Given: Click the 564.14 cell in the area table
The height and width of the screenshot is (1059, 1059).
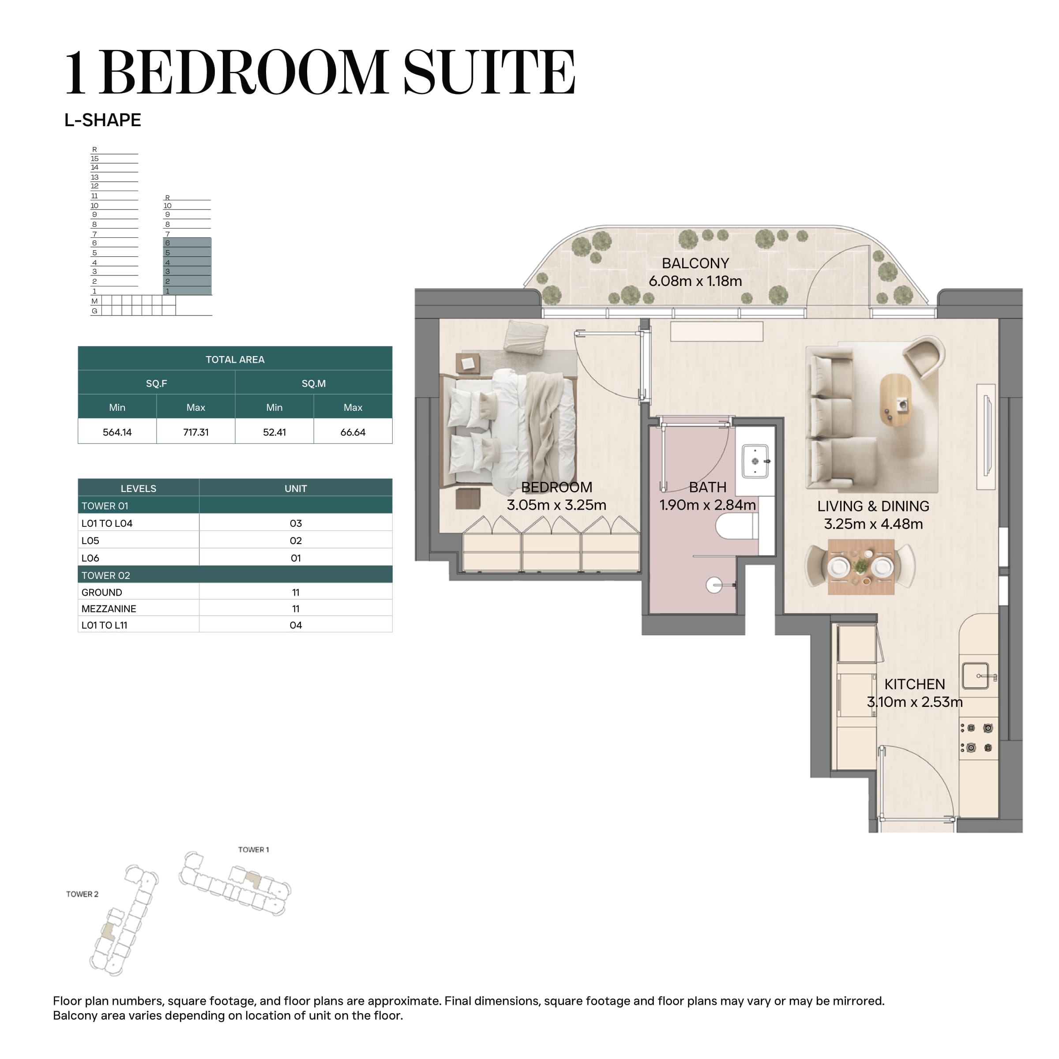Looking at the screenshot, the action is click(x=117, y=432).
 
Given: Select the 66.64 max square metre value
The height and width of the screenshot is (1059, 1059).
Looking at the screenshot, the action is click(x=353, y=432).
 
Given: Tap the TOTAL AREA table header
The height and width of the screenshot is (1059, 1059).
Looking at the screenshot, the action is click(x=235, y=360).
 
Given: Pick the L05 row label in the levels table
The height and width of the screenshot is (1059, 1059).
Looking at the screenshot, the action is click(x=90, y=541).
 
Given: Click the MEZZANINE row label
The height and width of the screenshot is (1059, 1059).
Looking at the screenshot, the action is click(x=109, y=608).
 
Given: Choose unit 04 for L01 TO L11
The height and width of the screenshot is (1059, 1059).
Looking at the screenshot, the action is click(x=296, y=625).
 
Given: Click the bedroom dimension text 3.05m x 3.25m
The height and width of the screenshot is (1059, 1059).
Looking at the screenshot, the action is click(x=556, y=505).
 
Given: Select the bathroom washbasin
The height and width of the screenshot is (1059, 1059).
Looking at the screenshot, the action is click(x=755, y=461).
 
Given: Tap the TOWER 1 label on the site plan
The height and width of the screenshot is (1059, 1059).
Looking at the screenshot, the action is click(x=253, y=849).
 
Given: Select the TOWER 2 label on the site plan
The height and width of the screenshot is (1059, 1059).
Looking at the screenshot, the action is click(x=82, y=894).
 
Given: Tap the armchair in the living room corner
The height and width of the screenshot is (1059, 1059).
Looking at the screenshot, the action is click(x=924, y=356).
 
